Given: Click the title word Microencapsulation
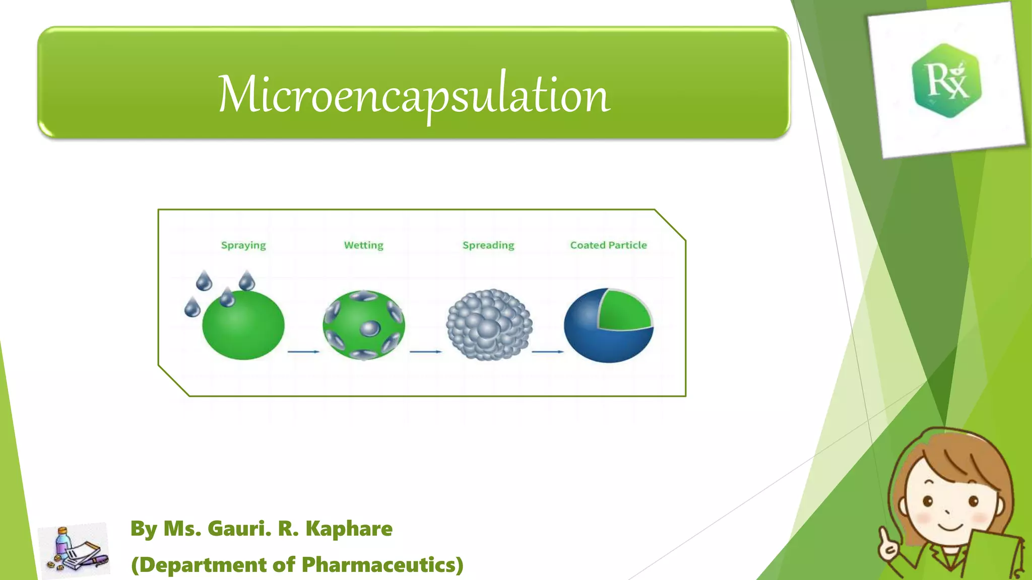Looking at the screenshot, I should (414, 95).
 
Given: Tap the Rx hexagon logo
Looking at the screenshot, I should (947, 81).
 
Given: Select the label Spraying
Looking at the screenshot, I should (243, 245).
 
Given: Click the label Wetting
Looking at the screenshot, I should (363, 245).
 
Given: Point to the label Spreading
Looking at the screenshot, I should (488, 245).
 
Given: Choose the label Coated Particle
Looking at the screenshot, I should (608, 245).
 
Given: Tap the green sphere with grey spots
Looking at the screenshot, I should (363, 325).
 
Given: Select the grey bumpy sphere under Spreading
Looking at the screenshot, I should (489, 325).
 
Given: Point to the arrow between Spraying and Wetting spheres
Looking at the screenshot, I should (303, 351).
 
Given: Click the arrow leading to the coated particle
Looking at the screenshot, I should (548, 351).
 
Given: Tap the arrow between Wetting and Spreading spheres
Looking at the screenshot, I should (426, 351).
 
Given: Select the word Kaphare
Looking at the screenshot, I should (349, 529).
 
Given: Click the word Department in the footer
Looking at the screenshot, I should (203, 565).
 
